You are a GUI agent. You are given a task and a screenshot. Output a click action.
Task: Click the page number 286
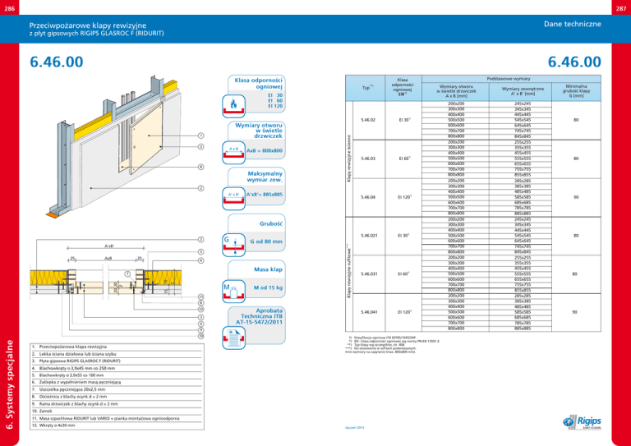click(10, 6)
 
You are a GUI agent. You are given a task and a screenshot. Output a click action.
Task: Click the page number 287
click(620, 6)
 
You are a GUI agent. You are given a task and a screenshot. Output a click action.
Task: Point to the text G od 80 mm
click(266, 241)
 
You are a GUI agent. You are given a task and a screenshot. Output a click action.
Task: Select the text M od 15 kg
click(269, 287)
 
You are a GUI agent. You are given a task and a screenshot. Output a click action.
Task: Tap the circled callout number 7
click(127, 273)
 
